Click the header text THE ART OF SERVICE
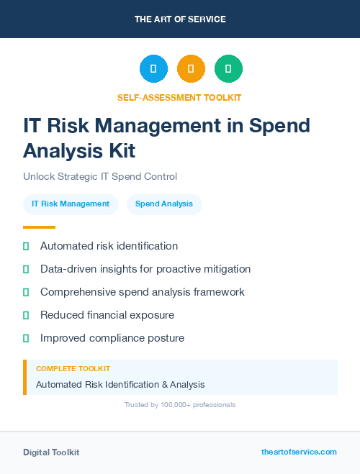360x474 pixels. point(180,19)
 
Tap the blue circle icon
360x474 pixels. point(153,69)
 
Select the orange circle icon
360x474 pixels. point(191,69)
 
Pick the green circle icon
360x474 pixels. point(228,69)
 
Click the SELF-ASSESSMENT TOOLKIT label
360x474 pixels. point(179,97)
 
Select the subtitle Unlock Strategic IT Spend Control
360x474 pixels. point(100,176)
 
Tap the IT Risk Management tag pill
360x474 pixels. point(71,204)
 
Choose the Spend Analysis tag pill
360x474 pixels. point(164,204)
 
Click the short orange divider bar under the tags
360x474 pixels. point(39,227)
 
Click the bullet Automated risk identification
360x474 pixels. point(109,246)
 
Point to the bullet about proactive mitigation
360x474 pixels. point(145,269)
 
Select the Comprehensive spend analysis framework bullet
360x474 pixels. point(143,292)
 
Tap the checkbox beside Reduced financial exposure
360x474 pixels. point(26,315)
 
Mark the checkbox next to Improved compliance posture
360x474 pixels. point(26,338)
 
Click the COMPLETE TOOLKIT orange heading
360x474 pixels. point(73,368)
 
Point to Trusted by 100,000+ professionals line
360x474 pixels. point(180,405)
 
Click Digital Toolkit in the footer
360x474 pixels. point(51,452)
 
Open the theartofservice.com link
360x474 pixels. point(299,452)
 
